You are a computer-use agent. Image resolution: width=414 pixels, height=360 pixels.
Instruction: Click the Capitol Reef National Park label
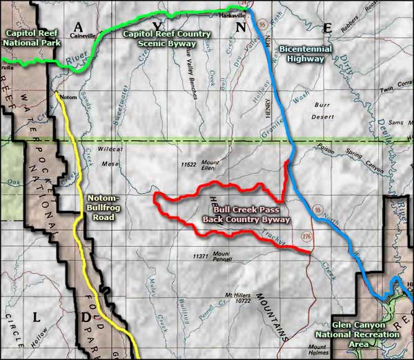click(x=30, y=37)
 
